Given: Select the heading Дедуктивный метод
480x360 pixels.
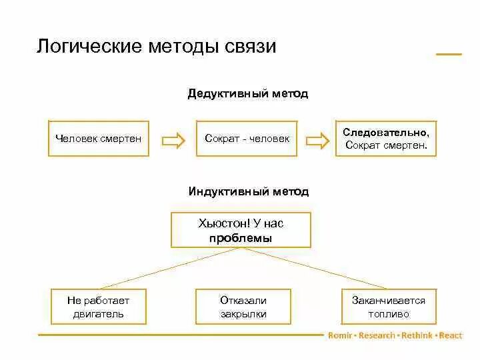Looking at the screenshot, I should click(x=248, y=94).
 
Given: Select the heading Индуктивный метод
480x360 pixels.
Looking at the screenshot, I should click(x=248, y=192).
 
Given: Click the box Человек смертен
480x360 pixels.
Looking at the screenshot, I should click(x=99, y=139).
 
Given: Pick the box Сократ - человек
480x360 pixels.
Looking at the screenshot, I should click(x=247, y=139).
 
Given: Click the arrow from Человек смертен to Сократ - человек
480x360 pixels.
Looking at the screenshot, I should click(x=173, y=139).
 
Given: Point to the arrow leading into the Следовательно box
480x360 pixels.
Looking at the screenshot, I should click(x=317, y=139).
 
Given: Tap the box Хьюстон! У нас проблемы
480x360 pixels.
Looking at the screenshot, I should click(x=241, y=230).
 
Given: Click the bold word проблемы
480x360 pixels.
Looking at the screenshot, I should click(x=241, y=238).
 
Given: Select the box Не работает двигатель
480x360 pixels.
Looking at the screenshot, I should click(x=99, y=307).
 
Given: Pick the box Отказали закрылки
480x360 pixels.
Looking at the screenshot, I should click(x=243, y=307).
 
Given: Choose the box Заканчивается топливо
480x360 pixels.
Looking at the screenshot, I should click(x=388, y=307).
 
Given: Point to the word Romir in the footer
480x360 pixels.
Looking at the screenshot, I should click(x=341, y=335).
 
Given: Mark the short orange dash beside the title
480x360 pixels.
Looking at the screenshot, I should click(x=449, y=54).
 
